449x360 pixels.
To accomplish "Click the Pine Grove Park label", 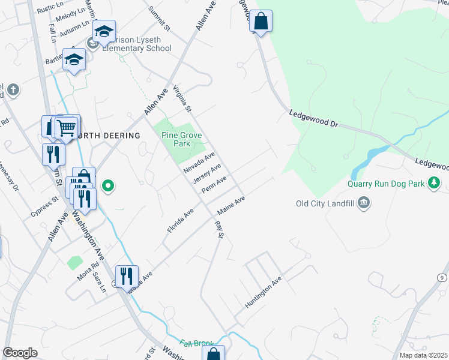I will point(175,139).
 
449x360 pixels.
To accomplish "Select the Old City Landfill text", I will point(324,203).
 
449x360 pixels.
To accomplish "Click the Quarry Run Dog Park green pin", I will point(433,183).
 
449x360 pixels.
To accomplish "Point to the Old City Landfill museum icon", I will point(363,204).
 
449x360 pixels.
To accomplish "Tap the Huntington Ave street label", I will point(263,293).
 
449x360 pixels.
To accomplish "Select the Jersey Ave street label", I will point(207,173).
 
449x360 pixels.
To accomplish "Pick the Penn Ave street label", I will point(214,184).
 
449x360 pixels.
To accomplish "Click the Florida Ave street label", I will point(181,221).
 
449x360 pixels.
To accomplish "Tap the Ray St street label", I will point(219,229).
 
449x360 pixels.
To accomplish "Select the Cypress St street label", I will point(47,206).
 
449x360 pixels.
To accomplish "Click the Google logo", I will point(20,353).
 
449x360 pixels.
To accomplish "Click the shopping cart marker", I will point(66,128).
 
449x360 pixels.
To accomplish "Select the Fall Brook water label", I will point(196,344).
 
